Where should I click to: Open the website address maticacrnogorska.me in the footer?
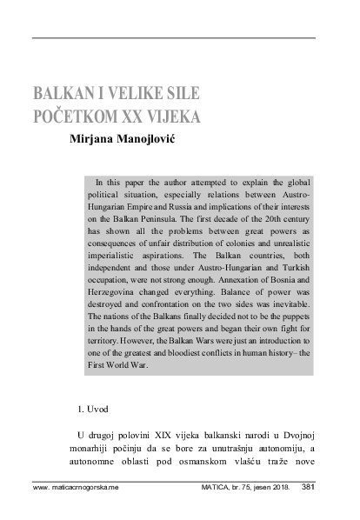(74, 489)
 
